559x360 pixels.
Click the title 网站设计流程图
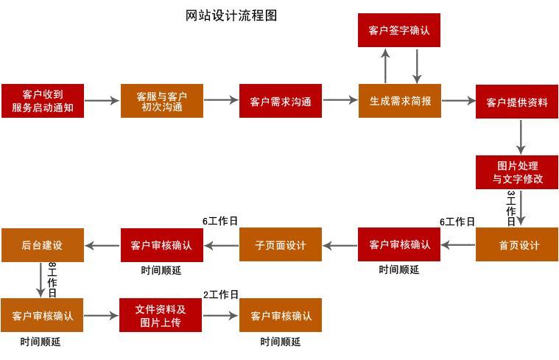click(x=232, y=15)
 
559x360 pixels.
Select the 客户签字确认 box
click(x=399, y=30)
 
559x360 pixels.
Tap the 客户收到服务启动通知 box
click(x=43, y=101)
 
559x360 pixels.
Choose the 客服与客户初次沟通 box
click(x=162, y=101)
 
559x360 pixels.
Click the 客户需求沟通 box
click(x=281, y=101)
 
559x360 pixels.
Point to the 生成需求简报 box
click(x=400, y=101)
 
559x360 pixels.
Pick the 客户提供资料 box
click(x=517, y=102)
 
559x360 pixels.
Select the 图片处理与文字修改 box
click(x=517, y=172)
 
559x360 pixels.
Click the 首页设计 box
click(x=517, y=244)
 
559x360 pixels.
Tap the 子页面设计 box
click(x=281, y=244)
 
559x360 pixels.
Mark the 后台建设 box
click(x=43, y=244)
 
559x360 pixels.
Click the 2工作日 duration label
click(x=221, y=294)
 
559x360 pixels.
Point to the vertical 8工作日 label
click(x=52, y=280)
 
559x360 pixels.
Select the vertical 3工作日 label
click(x=510, y=208)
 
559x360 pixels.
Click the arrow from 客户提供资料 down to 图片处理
click(x=521, y=136)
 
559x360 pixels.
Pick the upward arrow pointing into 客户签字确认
click(x=384, y=66)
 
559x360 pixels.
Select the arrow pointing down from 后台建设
click(x=41, y=280)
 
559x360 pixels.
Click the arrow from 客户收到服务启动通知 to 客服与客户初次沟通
click(x=102, y=101)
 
